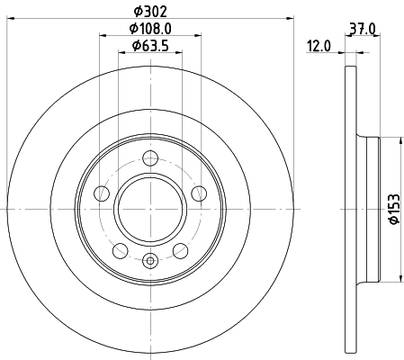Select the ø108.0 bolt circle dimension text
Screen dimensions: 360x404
(x=149, y=30)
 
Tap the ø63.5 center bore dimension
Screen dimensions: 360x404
(x=149, y=46)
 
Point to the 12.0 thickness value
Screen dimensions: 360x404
(x=320, y=46)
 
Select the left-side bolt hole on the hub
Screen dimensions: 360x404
(x=103, y=193)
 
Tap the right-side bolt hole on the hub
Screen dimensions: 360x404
(x=198, y=193)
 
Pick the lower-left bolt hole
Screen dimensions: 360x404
(x=120, y=248)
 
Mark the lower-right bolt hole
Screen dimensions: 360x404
(x=181, y=248)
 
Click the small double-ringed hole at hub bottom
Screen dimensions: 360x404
(x=150, y=261)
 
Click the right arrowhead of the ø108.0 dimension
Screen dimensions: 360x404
(x=199, y=37)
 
